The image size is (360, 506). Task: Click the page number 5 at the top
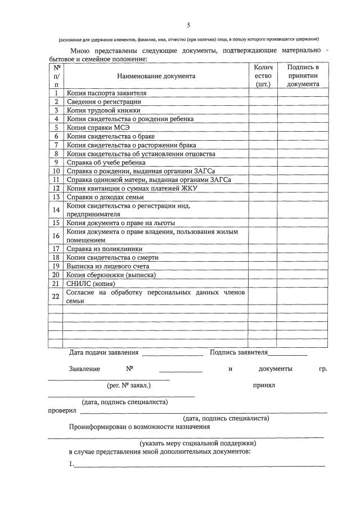coord(189,25)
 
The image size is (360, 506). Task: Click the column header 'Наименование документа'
coord(156,76)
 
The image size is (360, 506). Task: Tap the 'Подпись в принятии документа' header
coord(303,75)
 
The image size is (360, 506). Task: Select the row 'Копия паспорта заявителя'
coord(106,93)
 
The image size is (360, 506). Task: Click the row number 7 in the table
coord(56,145)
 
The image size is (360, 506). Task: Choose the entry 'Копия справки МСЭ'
coord(98,127)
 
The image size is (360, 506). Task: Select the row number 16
coord(56,235)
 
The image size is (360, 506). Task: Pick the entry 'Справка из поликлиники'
coord(104,248)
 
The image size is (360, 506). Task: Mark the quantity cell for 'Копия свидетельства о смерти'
coord(263,257)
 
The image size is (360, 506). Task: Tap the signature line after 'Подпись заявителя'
coord(287,354)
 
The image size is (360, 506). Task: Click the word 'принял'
coord(264,386)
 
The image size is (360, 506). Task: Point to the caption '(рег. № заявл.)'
coord(128,386)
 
